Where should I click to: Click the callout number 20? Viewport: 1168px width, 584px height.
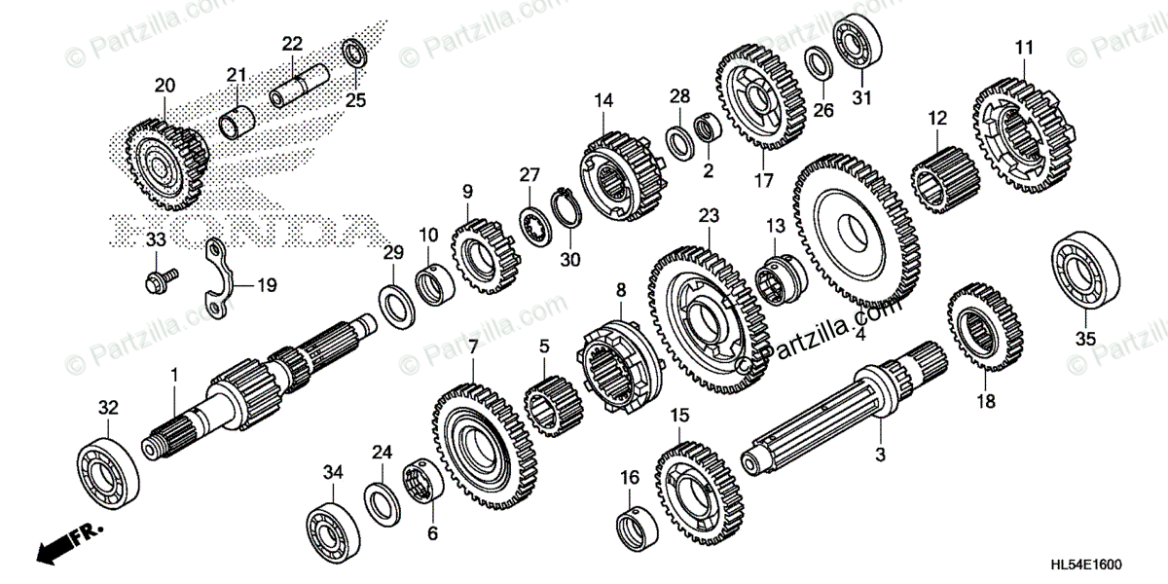(164, 85)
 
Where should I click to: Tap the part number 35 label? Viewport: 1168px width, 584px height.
(1085, 339)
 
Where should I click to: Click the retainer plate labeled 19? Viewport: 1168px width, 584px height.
(220, 284)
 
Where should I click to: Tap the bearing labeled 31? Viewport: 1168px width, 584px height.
(858, 41)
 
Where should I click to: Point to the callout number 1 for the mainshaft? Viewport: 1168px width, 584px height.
(175, 375)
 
